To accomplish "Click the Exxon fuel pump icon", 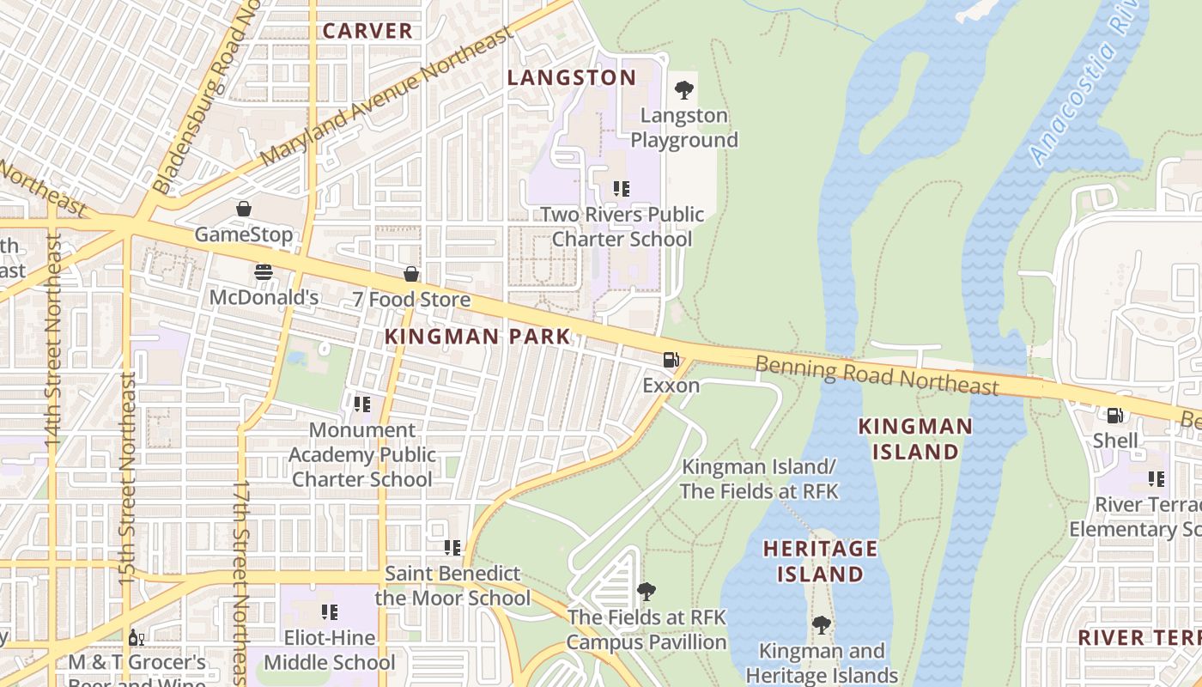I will (x=671, y=360).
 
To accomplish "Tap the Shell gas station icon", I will (x=1114, y=416).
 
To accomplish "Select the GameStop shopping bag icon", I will (x=244, y=209).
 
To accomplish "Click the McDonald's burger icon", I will (x=264, y=272).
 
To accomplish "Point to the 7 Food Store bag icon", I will (x=411, y=274).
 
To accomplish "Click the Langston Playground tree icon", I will (x=684, y=89).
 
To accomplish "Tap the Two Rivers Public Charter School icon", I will (x=622, y=188).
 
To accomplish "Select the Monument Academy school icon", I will (x=362, y=404).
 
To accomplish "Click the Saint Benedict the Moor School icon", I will (x=452, y=547).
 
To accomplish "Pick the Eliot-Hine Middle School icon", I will (x=330, y=612).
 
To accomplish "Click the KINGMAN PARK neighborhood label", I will (x=477, y=337).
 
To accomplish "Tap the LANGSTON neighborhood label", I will (x=572, y=77).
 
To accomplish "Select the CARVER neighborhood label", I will (x=367, y=31).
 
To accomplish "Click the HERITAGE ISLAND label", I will (x=820, y=561).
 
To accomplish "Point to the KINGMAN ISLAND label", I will (x=915, y=438).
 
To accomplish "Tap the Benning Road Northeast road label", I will (x=877, y=376).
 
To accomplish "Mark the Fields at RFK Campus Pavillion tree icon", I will (x=647, y=591).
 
